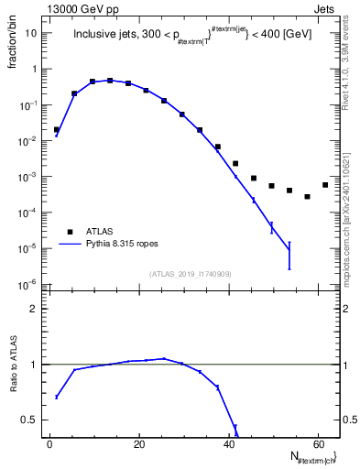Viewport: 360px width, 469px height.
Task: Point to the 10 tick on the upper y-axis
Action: (29, 33)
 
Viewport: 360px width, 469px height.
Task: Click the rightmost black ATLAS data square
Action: (325, 185)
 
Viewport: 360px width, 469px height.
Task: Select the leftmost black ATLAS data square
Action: (57, 130)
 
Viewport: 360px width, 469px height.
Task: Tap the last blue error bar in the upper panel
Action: (289, 256)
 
